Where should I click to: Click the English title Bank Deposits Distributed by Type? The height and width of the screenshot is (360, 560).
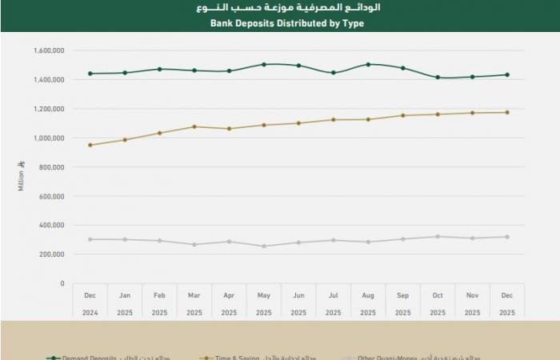[287, 23]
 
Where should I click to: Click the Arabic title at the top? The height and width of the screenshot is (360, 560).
[287, 8]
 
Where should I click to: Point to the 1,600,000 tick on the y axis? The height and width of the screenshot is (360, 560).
[50, 50]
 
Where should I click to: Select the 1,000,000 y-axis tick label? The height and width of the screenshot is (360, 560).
[50, 138]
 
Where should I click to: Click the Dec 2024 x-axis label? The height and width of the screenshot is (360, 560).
[90, 304]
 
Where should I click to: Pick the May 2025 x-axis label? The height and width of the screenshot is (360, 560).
[263, 304]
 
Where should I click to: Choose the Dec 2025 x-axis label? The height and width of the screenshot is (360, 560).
[506, 304]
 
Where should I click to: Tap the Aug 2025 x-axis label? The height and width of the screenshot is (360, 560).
[367, 304]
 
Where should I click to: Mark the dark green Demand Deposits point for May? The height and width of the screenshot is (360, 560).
[263, 64]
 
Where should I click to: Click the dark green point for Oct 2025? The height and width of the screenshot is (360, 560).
[437, 78]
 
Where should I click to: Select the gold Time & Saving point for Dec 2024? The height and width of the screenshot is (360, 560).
[90, 145]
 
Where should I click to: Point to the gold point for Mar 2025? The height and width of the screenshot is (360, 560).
[194, 126]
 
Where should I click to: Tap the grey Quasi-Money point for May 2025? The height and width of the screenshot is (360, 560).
[263, 246]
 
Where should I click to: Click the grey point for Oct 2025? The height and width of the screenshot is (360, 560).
[437, 237]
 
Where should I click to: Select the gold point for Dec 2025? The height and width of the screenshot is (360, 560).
[506, 112]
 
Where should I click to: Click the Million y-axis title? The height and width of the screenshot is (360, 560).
[20, 175]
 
